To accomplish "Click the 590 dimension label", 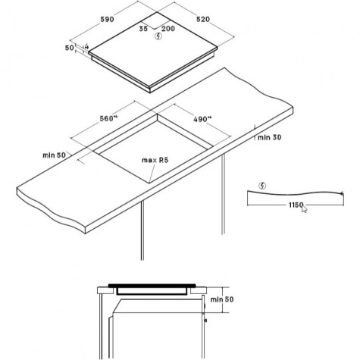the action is coord(107,20).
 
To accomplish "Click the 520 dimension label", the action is coord(203,19).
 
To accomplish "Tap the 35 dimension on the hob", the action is coord(143,29).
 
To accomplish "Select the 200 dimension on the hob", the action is coord(168,29).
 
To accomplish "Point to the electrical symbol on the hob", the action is coord(158,36).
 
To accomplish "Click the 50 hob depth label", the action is coord(70,48).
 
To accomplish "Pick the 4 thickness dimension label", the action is coord(86,46).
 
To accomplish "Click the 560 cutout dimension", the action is coord(108,118).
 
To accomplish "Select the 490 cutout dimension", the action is coord(202,119).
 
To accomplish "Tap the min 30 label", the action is coord(269,137).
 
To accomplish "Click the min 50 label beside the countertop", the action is coord(54,155).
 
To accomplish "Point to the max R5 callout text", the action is coord(155,160).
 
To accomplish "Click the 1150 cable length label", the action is coord(296,205).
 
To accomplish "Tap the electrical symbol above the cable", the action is coord(262,186).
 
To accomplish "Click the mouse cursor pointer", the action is coord(304,209).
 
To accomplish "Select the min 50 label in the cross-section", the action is coord(222,299).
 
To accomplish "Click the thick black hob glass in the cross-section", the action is coord(152,286).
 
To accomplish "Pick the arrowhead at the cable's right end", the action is coord(342,194).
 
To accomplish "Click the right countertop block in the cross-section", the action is coord(199,290).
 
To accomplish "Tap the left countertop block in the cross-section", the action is coord(105,290).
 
